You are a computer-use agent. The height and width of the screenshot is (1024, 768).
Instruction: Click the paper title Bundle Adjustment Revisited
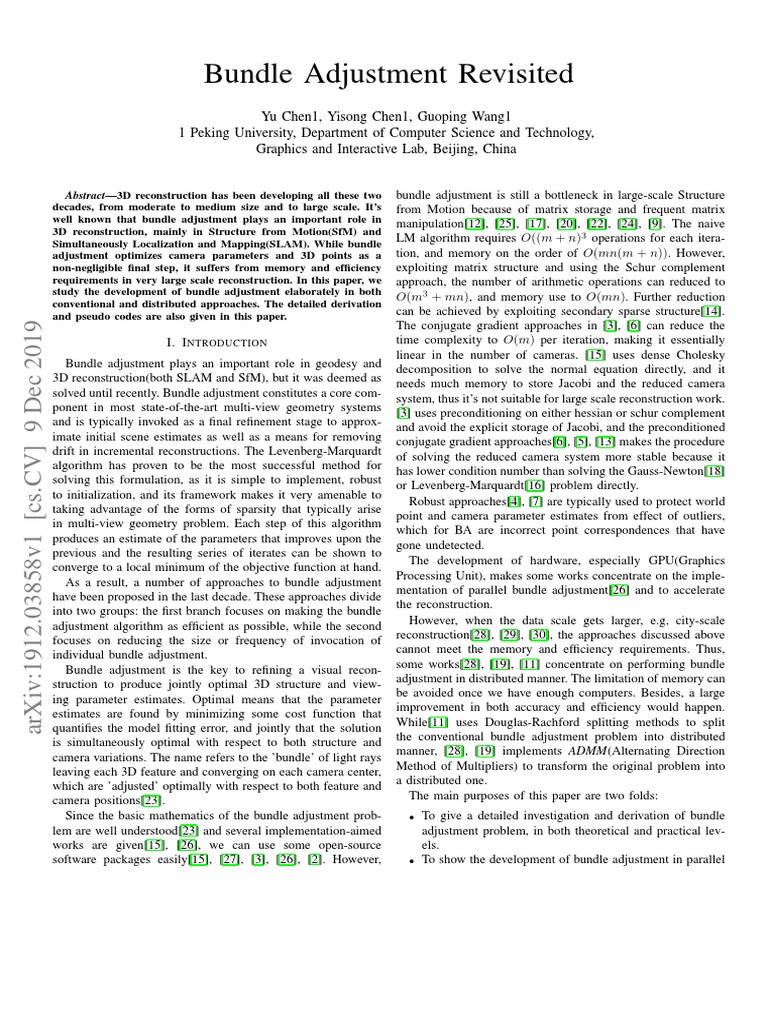(x=389, y=74)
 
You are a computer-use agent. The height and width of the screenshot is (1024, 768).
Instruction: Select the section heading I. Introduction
(x=219, y=343)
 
